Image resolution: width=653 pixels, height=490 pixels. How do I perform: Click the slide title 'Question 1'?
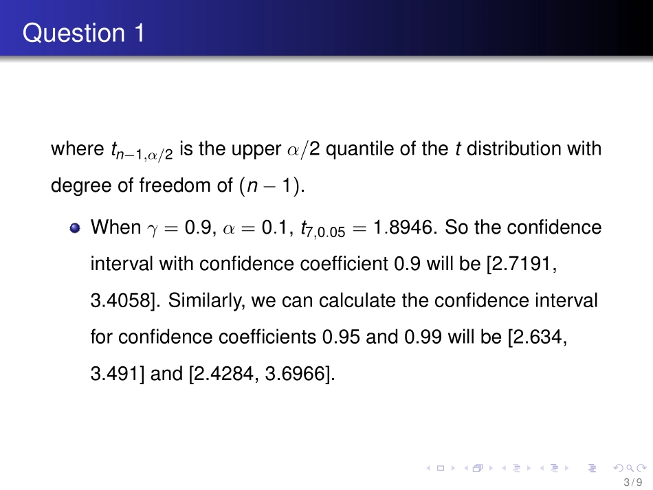coord(83,32)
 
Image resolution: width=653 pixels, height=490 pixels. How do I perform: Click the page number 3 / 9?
coord(631,482)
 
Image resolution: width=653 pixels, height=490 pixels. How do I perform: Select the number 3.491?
coord(115,375)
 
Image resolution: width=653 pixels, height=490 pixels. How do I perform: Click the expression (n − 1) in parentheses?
coord(273,187)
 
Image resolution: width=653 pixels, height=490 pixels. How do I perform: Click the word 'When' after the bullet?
coord(115,227)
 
